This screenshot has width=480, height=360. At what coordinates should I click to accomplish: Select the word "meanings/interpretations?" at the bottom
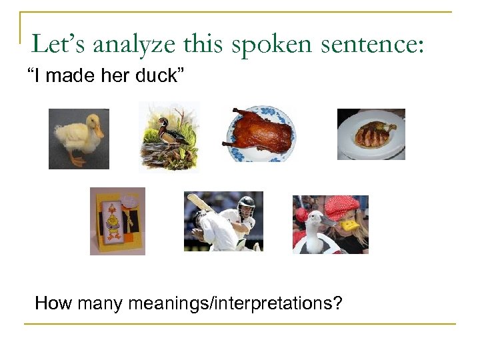[235, 304]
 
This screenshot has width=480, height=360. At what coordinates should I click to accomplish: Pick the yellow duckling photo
[79, 139]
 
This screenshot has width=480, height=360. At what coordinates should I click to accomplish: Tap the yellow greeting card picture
[117, 221]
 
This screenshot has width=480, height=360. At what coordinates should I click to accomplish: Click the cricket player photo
[223, 221]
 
